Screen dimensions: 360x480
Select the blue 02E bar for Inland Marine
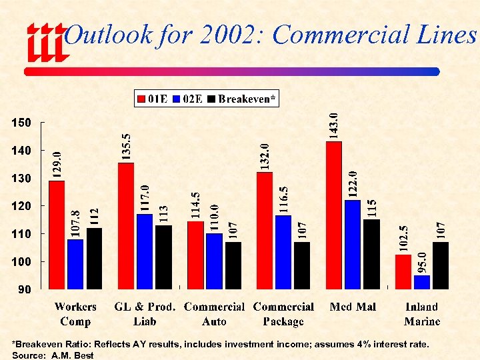click(422, 282)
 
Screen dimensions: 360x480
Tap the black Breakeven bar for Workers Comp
click(95, 258)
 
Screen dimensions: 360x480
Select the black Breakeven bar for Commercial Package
click(302, 265)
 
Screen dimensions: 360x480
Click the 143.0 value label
click(334, 125)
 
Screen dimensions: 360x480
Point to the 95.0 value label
click(422, 260)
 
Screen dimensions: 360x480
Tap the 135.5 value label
click(127, 145)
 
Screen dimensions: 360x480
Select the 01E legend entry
click(153, 99)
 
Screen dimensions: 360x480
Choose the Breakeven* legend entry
click(241, 99)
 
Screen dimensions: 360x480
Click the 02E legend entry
click(188, 99)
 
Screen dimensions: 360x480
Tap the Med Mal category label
click(353, 307)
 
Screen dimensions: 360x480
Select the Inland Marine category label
click(422, 314)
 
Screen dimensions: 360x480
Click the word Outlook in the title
click(109, 35)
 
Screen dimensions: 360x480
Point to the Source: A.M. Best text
click(53, 355)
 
